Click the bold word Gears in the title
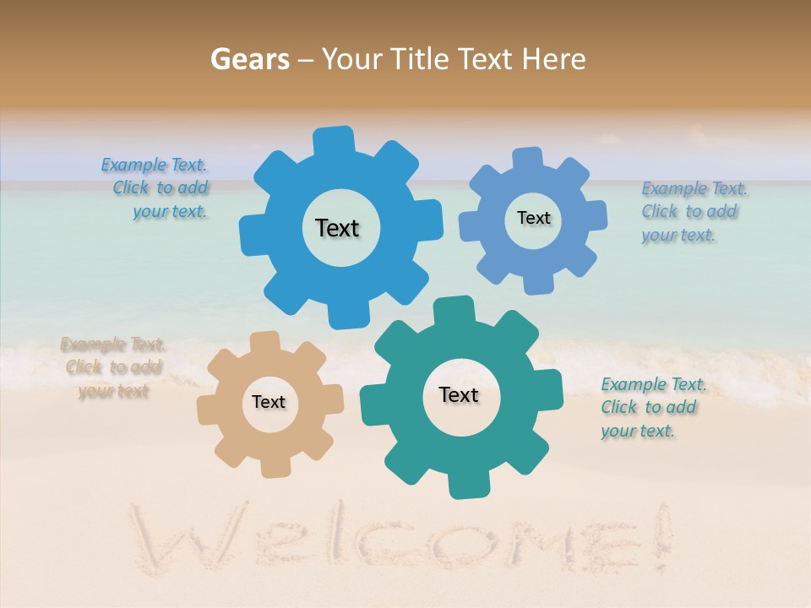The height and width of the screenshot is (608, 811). (249, 59)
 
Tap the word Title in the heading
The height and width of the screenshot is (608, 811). (422, 59)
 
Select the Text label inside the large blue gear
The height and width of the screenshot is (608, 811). (337, 228)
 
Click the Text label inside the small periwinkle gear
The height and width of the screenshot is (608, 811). (533, 218)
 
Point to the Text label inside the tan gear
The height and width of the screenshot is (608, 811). (269, 402)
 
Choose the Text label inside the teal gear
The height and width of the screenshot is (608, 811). (459, 395)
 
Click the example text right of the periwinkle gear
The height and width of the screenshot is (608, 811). (693, 211)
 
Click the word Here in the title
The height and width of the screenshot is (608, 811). (555, 59)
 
